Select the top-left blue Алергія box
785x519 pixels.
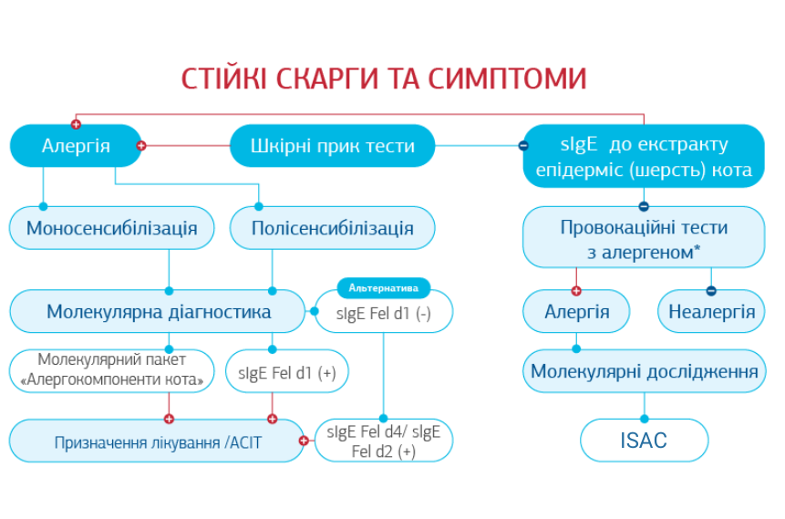(x=76, y=146)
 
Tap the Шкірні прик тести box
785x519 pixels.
(x=332, y=146)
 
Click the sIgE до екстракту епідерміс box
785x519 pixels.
(x=644, y=156)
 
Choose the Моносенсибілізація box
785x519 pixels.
(x=111, y=228)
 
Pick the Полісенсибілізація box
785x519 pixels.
(x=332, y=228)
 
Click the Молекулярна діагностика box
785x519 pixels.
(x=158, y=312)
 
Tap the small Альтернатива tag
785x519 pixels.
(x=383, y=288)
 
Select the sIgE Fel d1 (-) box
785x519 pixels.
(x=383, y=313)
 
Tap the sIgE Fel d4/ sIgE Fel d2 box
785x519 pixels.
(x=383, y=441)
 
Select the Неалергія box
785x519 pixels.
(x=711, y=312)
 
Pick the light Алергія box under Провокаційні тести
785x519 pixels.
(x=576, y=312)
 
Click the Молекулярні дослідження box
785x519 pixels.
(x=644, y=371)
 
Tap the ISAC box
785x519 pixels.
(x=644, y=441)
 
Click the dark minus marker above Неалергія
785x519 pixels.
(x=711, y=291)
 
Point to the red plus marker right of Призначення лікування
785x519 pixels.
(x=304, y=441)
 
